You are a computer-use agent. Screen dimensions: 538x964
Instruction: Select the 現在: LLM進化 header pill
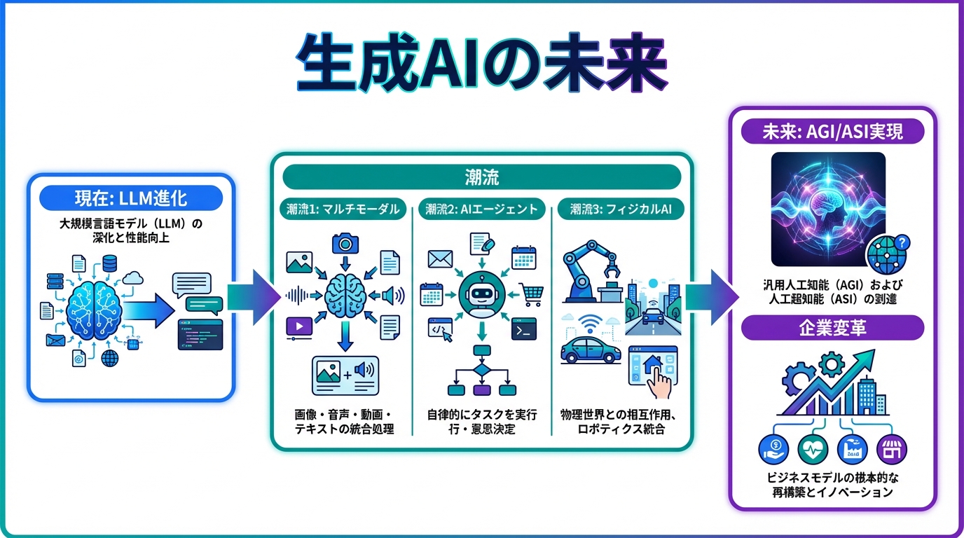[131, 198]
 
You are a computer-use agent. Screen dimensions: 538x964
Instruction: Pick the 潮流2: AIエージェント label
[481, 208]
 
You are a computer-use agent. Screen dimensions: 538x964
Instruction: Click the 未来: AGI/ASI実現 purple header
[832, 131]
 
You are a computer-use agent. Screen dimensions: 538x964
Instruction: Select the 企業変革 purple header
[832, 328]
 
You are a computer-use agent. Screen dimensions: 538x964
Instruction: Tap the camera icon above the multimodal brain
[345, 243]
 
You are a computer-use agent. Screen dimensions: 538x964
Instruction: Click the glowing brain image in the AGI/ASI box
[827, 208]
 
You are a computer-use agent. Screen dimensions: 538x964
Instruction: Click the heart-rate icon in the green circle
[813, 449]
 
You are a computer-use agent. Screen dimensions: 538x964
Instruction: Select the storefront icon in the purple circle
[891, 449]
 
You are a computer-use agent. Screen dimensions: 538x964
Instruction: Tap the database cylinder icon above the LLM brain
[109, 264]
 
